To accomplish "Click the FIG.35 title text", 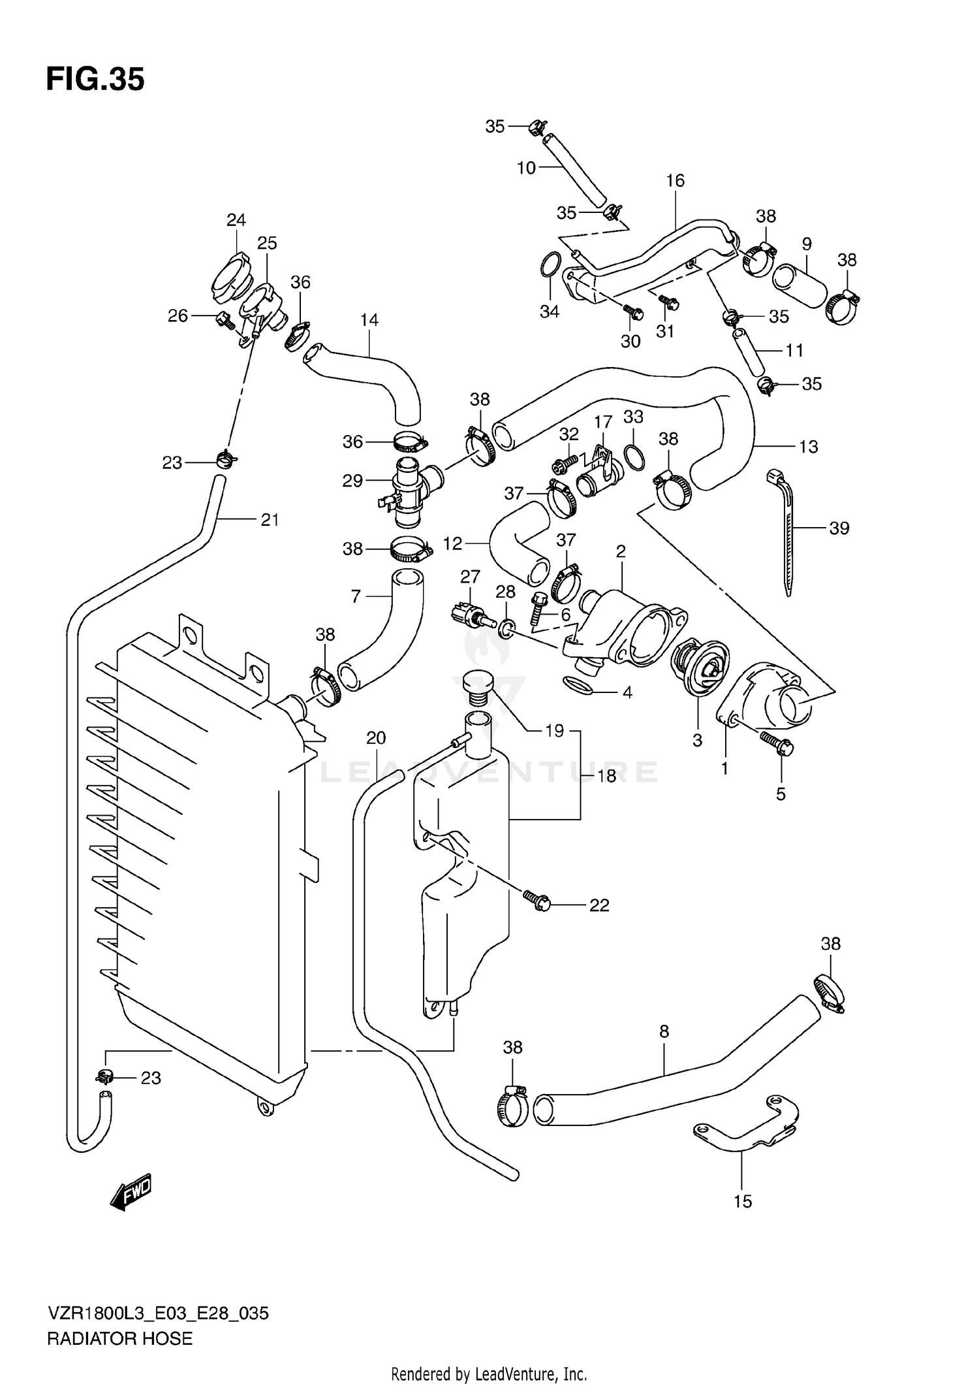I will (95, 80).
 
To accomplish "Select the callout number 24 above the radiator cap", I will (236, 220).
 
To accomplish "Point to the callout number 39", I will (839, 528).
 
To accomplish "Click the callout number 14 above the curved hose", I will (369, 320).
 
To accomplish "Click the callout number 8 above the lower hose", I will (664, 1031).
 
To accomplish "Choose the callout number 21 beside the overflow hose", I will (270, 520).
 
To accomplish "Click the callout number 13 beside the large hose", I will (808, 447).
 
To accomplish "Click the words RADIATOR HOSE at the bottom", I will (119, 1339).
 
